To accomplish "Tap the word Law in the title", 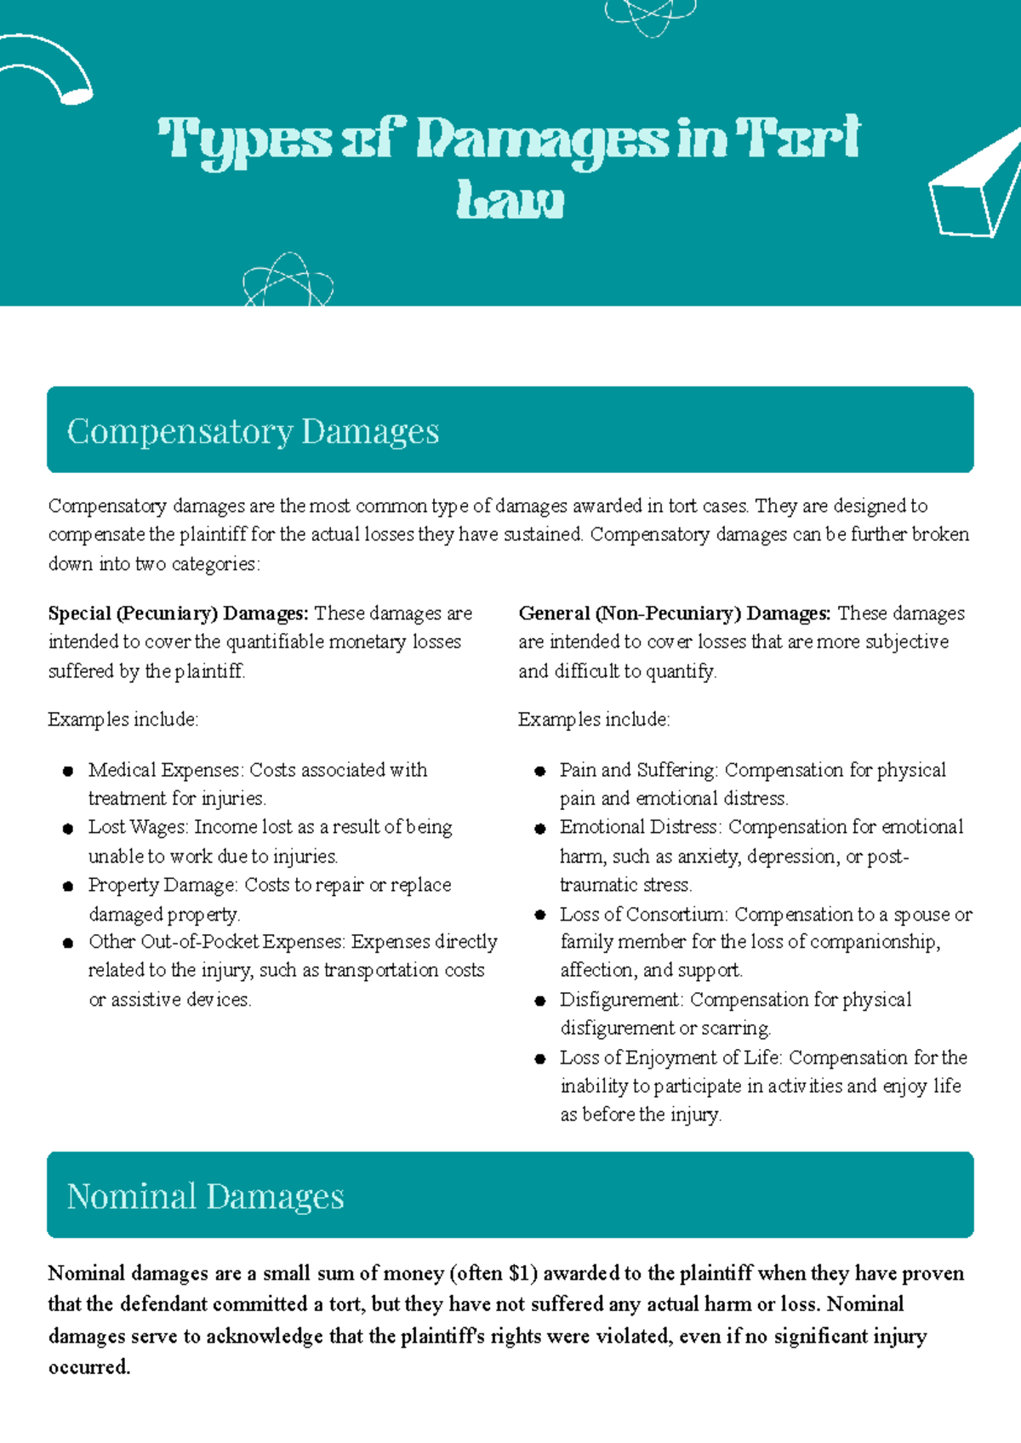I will [510, 201].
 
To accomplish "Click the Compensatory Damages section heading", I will [253, 431].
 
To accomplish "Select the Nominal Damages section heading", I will [205, 1196].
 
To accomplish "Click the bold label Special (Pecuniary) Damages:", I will [178, 613].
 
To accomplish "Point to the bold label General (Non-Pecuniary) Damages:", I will [674, 613].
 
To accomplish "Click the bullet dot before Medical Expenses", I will [68, 772].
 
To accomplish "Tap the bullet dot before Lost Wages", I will [68, 829].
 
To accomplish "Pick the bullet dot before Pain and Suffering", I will [539, 772].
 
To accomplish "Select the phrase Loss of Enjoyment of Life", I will [670, 1058].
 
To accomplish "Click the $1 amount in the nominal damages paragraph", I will [522, 1274].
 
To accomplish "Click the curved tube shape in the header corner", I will [51, 68].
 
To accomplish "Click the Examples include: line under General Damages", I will [594, 720].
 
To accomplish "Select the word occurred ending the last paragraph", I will [88, 1367].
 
